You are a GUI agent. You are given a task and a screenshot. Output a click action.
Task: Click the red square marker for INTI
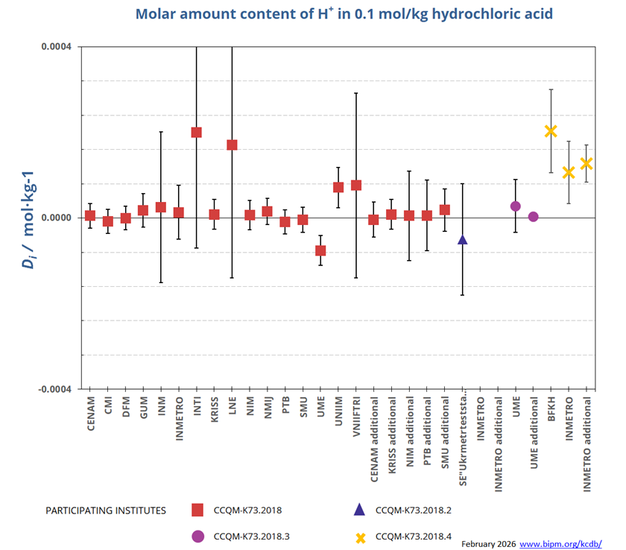pyautogui.click(x=197, y=133)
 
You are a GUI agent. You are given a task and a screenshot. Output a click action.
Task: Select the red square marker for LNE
pyautogui.click(x=232, y=145)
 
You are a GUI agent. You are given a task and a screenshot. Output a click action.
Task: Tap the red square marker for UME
pyautogui.click(x=320, y=250)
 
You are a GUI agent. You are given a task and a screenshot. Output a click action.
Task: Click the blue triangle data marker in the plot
pyautogui.click(x=462, y=239)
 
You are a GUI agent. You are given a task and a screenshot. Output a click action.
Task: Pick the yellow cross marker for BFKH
pyautogui.click(x=551, y=131)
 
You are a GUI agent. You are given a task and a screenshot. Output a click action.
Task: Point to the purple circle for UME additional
pyautogui.click(x=533, y=217)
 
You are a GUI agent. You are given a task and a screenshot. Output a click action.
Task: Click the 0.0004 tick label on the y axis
pyautogui.click(x=56, y=47)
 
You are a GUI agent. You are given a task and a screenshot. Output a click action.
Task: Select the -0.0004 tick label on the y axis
pyautogui.click(x=54, y=389)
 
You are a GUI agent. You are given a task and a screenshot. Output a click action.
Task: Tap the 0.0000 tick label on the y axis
pyautogui.click(x=56, y=218)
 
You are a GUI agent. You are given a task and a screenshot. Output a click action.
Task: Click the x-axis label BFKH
pyautogui.click(x=551, y=409)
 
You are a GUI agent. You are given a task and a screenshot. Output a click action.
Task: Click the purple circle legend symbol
pyautogui.click(x=197, y=536)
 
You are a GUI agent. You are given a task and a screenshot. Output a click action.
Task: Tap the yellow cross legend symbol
pyautogui.click(x=360, y=536)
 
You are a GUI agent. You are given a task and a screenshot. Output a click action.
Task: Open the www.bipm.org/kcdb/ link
pyautogui.click(x=560, y=543)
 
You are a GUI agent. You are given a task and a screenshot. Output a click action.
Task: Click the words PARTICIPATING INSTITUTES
pyautogui.click(x=106, y=511)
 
